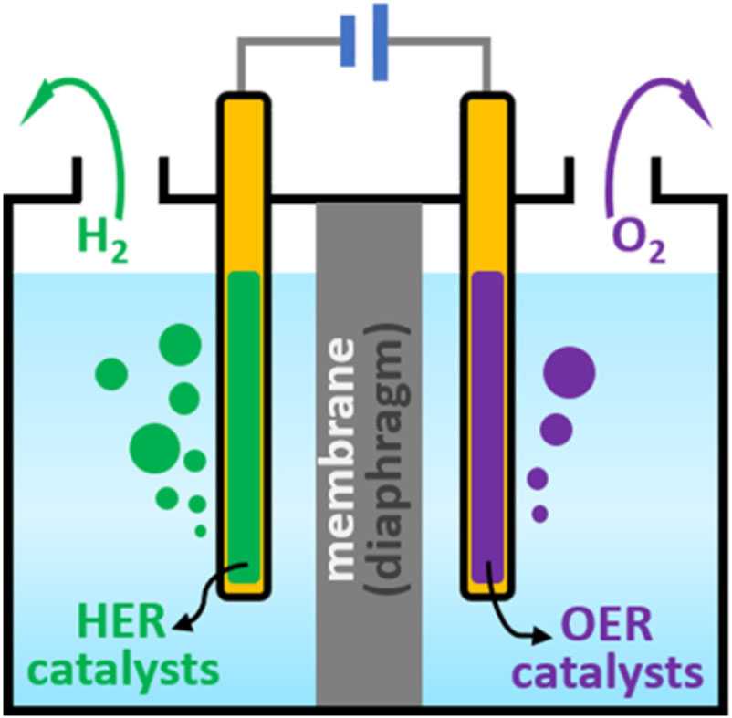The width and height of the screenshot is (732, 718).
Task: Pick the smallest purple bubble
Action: pos(540,514)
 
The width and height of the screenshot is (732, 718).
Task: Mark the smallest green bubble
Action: pos(201,528)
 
